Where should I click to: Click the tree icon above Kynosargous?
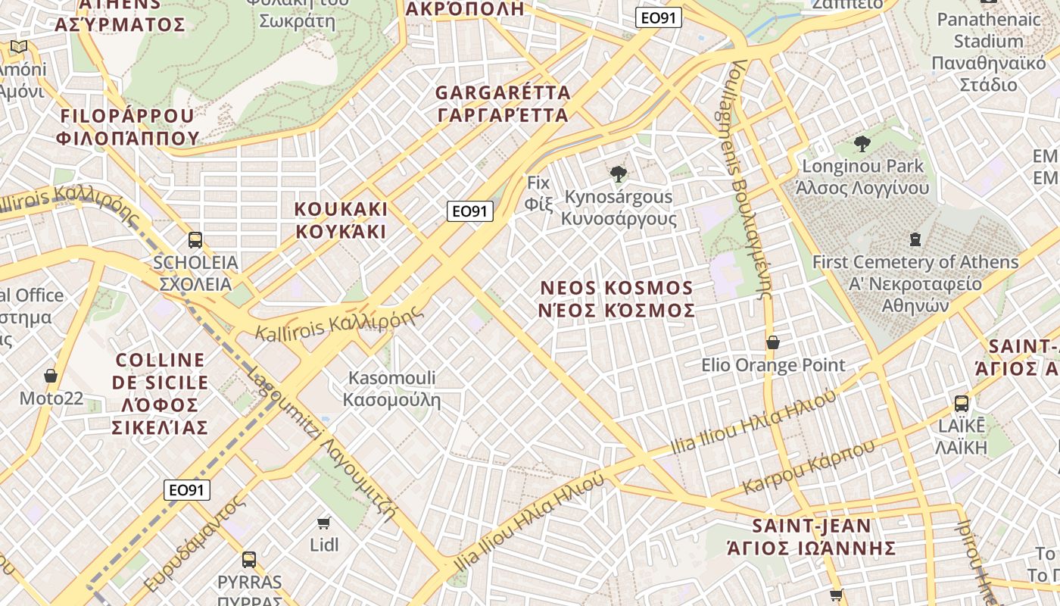click(619, 174)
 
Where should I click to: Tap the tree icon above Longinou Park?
click(862, 144)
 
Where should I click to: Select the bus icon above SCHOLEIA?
click(195, 240)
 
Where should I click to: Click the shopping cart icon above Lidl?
click(324, 523)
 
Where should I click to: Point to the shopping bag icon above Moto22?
click(51, 376)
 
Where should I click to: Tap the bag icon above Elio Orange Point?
click(773, 342)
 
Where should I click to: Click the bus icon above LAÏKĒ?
click(962, 403)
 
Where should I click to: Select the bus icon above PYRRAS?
click(249, 560)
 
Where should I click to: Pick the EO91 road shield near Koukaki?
click(470, 211)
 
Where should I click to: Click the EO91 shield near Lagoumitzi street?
click(187, 490)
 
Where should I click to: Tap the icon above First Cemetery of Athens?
click(915, 240)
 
